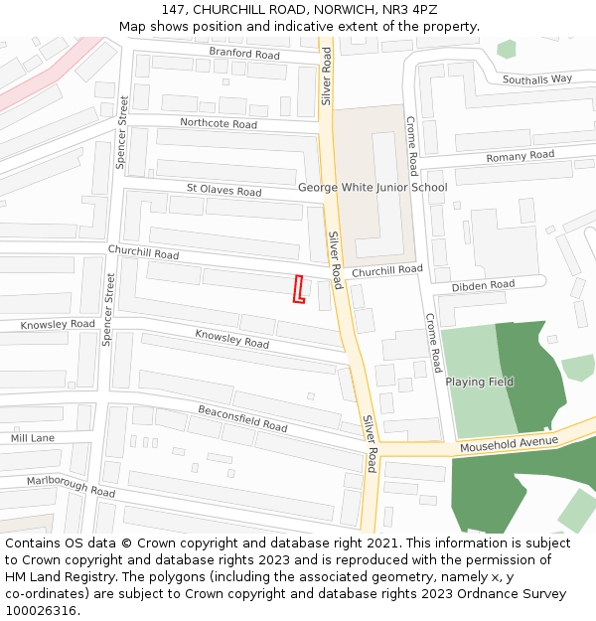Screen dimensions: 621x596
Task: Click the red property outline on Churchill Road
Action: (298, 289)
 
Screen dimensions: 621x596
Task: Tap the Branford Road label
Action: (244, 54)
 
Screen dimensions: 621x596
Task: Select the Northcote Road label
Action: (219, 123)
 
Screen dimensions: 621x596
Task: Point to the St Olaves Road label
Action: (223, 190)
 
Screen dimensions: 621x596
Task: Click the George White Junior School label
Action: (372, 187)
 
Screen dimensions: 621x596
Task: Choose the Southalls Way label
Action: (537, 78)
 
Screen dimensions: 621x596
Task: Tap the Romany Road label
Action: (520, 157)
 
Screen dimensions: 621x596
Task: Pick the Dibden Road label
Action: (483, 285)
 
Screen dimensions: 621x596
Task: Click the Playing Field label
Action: (479, 382)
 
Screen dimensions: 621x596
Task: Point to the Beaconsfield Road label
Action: (242, 418)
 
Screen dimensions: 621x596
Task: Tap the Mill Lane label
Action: (33, 437)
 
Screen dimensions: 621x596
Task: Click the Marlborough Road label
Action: (72, 485)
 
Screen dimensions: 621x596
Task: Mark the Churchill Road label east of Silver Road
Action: (386, 269)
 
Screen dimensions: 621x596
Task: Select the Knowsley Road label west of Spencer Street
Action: (58, 324)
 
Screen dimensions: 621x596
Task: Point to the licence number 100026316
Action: (40, 610)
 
